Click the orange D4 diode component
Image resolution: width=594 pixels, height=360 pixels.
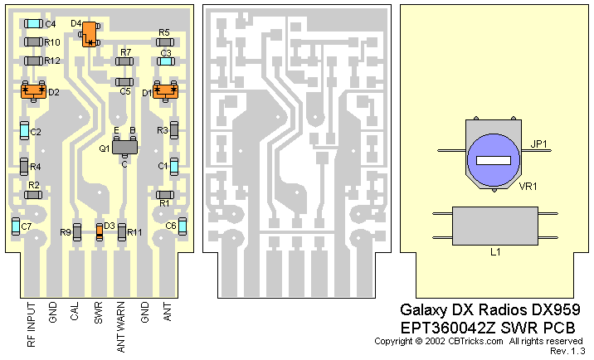(89, 33)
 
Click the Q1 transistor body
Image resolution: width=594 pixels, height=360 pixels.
(124, 147)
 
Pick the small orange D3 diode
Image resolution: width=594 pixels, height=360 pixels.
(100, 231)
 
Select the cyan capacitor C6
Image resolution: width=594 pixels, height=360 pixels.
(183, 226)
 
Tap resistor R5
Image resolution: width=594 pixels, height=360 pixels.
(164, 41)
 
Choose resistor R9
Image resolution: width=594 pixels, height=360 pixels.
(76, 231)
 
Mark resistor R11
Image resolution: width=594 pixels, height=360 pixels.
(122, 231)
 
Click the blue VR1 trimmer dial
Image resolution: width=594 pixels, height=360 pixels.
(493, 157)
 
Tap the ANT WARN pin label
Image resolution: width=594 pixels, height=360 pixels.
(122, 329)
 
